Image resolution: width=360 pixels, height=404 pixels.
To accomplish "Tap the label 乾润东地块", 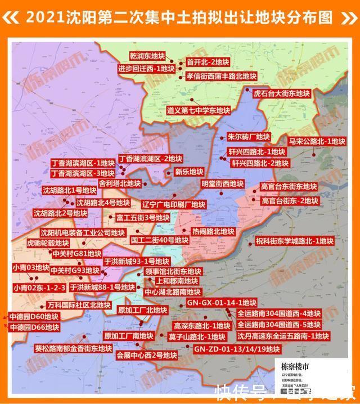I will tap(147, 57).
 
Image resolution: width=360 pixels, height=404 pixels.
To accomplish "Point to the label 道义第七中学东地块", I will tap(198, 110).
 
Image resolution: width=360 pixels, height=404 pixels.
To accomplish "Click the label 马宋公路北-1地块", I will tap(317, 141).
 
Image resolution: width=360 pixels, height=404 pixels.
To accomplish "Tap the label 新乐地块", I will tap(188, 172).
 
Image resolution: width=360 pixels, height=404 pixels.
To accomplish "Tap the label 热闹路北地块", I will tap(213, 231).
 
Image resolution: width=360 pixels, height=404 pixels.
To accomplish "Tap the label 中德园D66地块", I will tap(33, 326).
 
